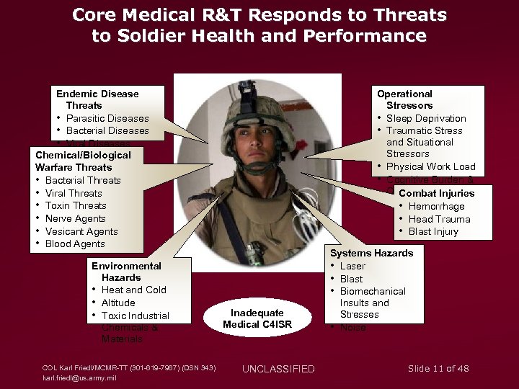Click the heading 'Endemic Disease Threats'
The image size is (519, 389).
[x=97, y=99]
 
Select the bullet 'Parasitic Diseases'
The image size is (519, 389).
[x=107, y=118]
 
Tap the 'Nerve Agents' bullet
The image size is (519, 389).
[x=76, y=218]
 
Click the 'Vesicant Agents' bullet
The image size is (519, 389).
[x=81, y=231]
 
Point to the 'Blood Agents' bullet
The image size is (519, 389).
[x=75, y=243]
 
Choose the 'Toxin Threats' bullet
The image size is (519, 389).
[x=76, y=205]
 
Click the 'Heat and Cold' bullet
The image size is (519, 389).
[x=133, y=290]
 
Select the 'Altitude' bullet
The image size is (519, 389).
[x=118, y=303]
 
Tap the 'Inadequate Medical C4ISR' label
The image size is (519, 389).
[x=257, y=318]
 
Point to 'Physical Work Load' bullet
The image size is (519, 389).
[x=431, y=166]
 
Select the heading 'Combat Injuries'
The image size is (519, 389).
[x=436, y=193]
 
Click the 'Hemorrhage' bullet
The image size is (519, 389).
[x=437, y=206]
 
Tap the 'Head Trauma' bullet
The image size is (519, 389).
[x=439, y=219]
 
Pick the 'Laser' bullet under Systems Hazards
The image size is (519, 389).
[x=352, y=266]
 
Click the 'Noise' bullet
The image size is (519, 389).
[x=353, y=327]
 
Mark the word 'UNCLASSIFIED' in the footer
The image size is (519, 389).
[x=278, y=369]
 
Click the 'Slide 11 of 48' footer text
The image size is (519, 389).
[x=438, y=368]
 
